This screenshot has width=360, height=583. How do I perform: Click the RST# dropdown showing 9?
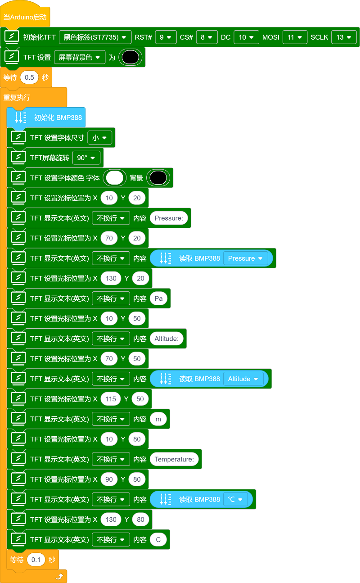166,37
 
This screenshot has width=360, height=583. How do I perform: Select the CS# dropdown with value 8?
207,37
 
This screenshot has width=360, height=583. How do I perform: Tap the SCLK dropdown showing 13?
344,37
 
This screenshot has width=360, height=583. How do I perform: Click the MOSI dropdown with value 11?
295,37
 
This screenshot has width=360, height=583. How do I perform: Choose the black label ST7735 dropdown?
95,37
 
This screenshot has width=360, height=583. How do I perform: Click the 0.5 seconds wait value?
29,77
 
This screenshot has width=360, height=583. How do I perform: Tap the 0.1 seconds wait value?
36,560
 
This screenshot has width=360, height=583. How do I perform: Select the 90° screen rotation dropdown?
86,158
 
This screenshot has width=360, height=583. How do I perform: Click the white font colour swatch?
115,178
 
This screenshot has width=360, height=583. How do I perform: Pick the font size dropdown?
100,138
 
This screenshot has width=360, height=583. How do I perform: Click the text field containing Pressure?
169,218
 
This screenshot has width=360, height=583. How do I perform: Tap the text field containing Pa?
159,298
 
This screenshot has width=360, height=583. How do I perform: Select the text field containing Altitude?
167,339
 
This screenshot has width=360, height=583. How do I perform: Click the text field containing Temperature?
174,459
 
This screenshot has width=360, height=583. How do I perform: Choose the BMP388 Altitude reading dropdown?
243,379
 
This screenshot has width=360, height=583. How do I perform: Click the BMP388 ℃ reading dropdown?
235,499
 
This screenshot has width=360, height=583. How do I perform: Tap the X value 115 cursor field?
111,399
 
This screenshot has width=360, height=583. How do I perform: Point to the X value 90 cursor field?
109,479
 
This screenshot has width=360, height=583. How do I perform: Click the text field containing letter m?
158,419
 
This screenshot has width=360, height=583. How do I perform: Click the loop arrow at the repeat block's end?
59,577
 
